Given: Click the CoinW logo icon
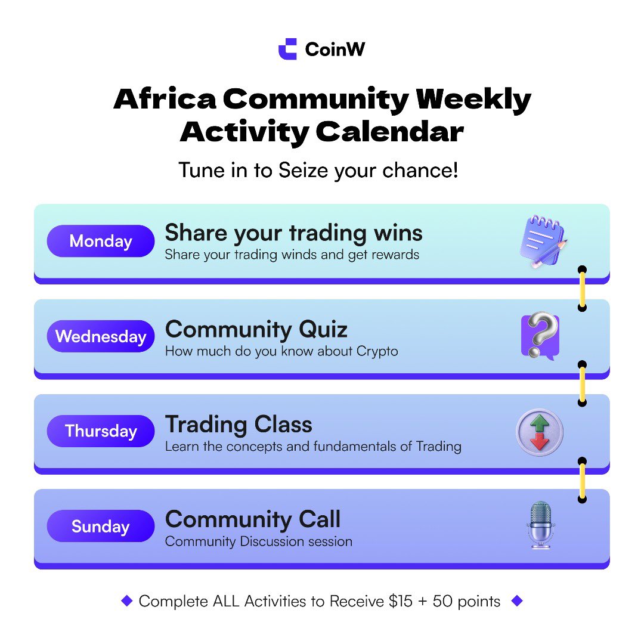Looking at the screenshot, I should (287, 49).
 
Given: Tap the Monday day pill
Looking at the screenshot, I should (101, 241).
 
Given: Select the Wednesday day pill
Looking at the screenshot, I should (101, 336).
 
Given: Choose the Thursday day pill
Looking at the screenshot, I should (101, 431).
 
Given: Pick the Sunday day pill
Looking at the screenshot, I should (101, 527).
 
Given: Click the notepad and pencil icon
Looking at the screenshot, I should (541, 241).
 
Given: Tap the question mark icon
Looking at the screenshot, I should (540, 336).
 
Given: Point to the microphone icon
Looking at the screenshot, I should (541, 525).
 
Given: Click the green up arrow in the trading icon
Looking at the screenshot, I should (540, 422).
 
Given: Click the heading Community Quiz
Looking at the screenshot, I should (256, 329).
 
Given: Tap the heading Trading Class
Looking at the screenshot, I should (239, 425).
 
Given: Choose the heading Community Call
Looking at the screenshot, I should (253, 519).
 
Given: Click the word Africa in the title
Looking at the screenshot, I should (165, 100).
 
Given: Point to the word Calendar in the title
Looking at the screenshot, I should (389, 132).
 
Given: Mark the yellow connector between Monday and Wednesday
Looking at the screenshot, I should (583, 289).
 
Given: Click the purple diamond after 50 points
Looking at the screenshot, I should (517, 601).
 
